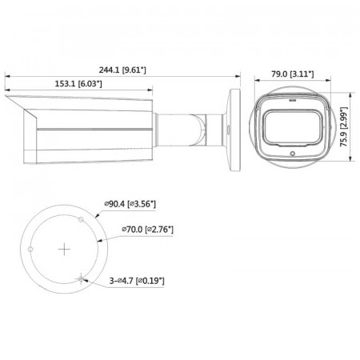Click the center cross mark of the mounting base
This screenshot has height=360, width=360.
click(x=63, y=250)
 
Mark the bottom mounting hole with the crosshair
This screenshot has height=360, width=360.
click(x=81, y=279)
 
